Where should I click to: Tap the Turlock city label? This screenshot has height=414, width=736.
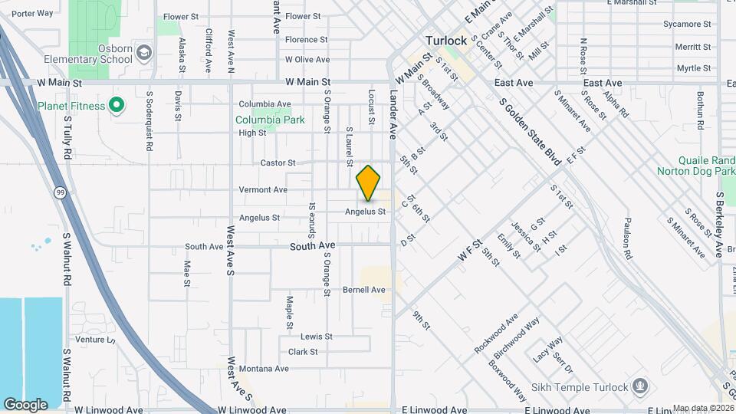[x=447, y=41]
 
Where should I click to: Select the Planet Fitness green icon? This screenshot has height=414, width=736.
[x=117, y=105]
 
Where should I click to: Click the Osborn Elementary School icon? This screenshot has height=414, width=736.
[x=145, y=52]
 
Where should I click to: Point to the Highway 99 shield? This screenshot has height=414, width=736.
[x=59, y=193]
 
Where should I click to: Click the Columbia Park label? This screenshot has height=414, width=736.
[x=270, y=120]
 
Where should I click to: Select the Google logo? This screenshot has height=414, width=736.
[x=25, y=404]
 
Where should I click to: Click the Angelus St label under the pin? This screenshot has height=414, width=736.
[x=365, y=211]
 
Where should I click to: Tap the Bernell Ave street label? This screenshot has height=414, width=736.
[x=363, y=290]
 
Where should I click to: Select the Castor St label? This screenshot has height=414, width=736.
[x=278, y=163]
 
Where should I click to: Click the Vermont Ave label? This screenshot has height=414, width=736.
[x=263, y=189]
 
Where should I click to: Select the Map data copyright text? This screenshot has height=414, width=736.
[x=702, y=408]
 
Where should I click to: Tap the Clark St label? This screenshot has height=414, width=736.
[x=303, y=352]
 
